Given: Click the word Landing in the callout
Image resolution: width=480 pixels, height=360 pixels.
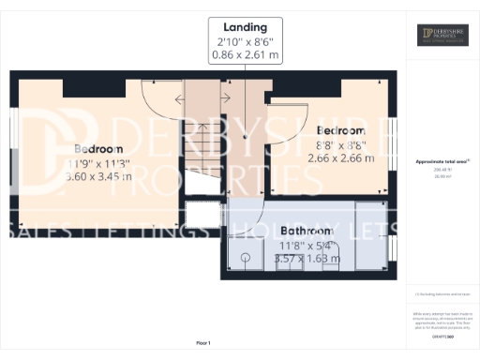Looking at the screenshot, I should click(245, 27).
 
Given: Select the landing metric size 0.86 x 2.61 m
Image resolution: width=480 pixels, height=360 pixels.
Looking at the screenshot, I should click(245, 55).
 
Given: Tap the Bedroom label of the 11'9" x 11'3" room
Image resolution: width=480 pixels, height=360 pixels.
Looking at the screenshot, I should click(99, 149).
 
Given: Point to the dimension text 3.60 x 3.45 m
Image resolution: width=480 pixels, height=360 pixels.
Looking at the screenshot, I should click(99, 175).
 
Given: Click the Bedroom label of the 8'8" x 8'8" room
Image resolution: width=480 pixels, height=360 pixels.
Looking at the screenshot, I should click(341, 130).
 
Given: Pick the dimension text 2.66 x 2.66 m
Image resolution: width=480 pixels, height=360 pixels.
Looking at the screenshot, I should click(341, 157).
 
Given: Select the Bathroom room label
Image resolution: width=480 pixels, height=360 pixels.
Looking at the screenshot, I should click(306, 231).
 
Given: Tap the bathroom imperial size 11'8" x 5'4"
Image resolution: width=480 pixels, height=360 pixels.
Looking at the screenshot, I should click(306, 245).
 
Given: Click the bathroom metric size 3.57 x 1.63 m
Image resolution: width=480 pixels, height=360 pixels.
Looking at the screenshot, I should click(306, 258).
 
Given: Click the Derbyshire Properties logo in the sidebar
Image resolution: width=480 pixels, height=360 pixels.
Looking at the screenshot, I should click(442, 36).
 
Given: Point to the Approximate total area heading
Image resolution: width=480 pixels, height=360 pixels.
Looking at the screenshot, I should click(442, 161).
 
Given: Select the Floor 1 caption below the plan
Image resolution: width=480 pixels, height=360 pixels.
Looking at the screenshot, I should click(203, 342).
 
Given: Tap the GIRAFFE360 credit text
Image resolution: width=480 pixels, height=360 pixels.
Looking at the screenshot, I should click(442, 322).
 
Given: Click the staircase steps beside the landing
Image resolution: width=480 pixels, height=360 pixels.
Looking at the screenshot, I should click(200, 141).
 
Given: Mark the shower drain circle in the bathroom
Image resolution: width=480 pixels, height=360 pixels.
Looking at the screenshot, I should click(245, 258).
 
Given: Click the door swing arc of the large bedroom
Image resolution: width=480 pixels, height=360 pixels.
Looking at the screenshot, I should click(156, 94).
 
